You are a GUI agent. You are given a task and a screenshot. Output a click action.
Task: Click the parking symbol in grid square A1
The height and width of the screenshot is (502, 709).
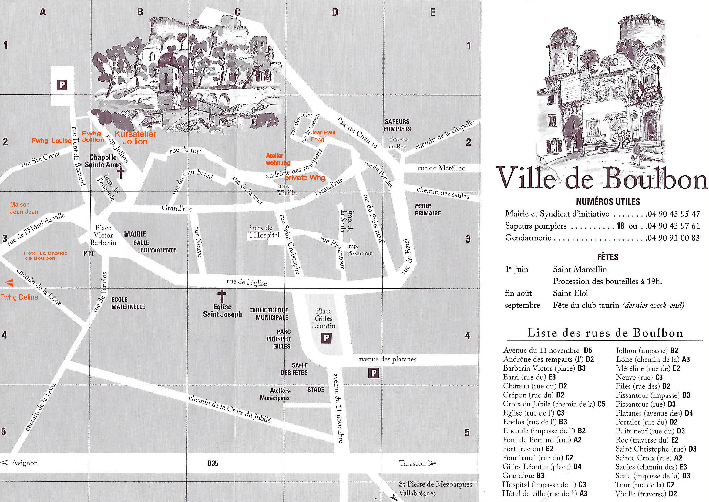[x=62, y=85]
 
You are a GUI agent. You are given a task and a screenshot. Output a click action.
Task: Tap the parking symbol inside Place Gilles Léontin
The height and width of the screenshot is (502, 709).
[x=326, y=338]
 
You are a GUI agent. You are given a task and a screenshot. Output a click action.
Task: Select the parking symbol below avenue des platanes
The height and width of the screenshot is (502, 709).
[x=374, y=373]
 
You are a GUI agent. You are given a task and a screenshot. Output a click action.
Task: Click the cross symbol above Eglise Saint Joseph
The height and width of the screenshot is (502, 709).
[x=222, y=296]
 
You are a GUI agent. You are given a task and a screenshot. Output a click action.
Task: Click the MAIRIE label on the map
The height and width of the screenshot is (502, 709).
[x=135, y=234]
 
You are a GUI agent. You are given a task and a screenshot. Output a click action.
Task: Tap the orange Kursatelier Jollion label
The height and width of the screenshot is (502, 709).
[x=135, y=138]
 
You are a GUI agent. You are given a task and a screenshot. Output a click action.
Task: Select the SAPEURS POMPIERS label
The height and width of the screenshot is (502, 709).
[x=397, y=125]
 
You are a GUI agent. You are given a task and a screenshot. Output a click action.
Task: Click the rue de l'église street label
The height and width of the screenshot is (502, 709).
[x=247, y=282]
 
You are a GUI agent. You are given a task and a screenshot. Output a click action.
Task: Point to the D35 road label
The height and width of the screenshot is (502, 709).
[x=213, y=463]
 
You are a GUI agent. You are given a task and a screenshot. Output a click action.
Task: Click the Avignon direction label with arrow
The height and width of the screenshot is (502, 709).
[x=20, y=463]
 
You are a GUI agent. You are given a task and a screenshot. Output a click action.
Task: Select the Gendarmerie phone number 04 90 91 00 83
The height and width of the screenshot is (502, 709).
[x=673, y=238]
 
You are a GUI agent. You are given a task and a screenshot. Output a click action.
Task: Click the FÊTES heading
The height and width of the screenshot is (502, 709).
[x=607, y=257]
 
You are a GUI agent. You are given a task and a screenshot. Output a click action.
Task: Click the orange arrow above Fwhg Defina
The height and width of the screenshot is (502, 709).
[x=10, y=282]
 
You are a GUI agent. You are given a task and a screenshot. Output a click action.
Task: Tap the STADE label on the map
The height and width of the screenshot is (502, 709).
[x=316, y=390]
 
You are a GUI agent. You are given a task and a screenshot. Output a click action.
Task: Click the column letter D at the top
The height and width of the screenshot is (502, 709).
[x=335, y=12]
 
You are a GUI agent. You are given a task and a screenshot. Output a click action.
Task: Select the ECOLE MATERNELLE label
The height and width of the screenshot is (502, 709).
[x=128, y=303]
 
